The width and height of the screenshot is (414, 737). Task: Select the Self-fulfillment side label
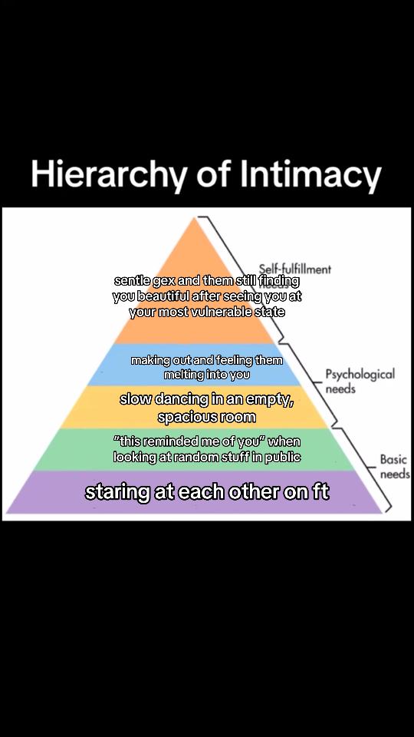click(x=294, y=269)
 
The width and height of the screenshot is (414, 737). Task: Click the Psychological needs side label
click(x=360, y=381)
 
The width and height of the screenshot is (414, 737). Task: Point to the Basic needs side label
click(x=393, y=466)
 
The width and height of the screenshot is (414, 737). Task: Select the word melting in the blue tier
click(x=184, y=375)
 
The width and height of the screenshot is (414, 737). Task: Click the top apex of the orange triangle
click(x=193, y=217)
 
